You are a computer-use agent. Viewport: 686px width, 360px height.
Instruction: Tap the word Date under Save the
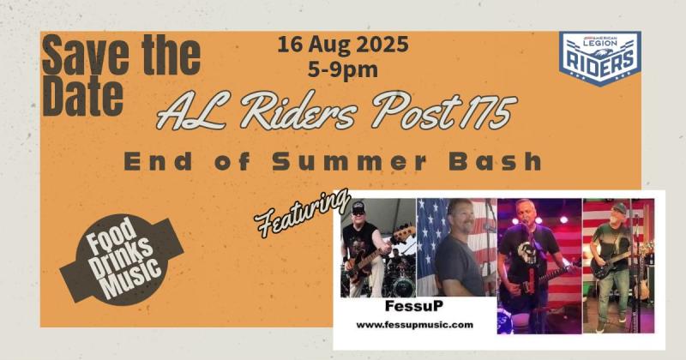tap(82, 95)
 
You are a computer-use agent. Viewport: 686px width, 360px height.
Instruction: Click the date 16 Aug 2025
tap(342, 45)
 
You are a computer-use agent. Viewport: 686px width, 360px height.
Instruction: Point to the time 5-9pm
tap(342, 69)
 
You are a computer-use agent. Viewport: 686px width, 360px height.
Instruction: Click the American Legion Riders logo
tap(599, 57)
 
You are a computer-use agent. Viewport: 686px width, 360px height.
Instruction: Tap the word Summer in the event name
tap(349, 161)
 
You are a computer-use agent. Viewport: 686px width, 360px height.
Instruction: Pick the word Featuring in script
tap(303, 213)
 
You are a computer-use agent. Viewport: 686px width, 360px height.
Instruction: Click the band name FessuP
tap(414, 306)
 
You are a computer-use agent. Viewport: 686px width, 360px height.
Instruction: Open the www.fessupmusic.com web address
tap(415, 325)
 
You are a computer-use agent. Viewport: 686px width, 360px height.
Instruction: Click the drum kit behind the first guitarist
tap(400, 276)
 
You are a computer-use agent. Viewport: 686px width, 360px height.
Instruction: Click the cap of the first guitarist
tap(358, 206)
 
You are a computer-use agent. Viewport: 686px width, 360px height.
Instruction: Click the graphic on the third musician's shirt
tap(524, 252)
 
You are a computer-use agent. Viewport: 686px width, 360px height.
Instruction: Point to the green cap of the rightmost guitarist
tap(618, 207)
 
